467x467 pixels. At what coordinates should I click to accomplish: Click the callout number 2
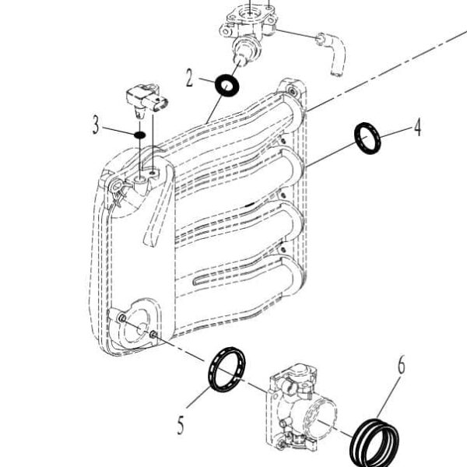click(x=189, y=78)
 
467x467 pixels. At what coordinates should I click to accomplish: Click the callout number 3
click(x=95, y=125)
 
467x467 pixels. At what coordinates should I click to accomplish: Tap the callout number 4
click(x=418, y=127)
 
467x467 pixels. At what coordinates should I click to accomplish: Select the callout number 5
click(x=181, y=425)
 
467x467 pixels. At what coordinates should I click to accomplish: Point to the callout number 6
click(x=402, y=365)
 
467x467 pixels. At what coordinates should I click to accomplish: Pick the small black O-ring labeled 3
click(x=139, y=135)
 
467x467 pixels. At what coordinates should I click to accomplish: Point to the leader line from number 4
click(x=397, y=132)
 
